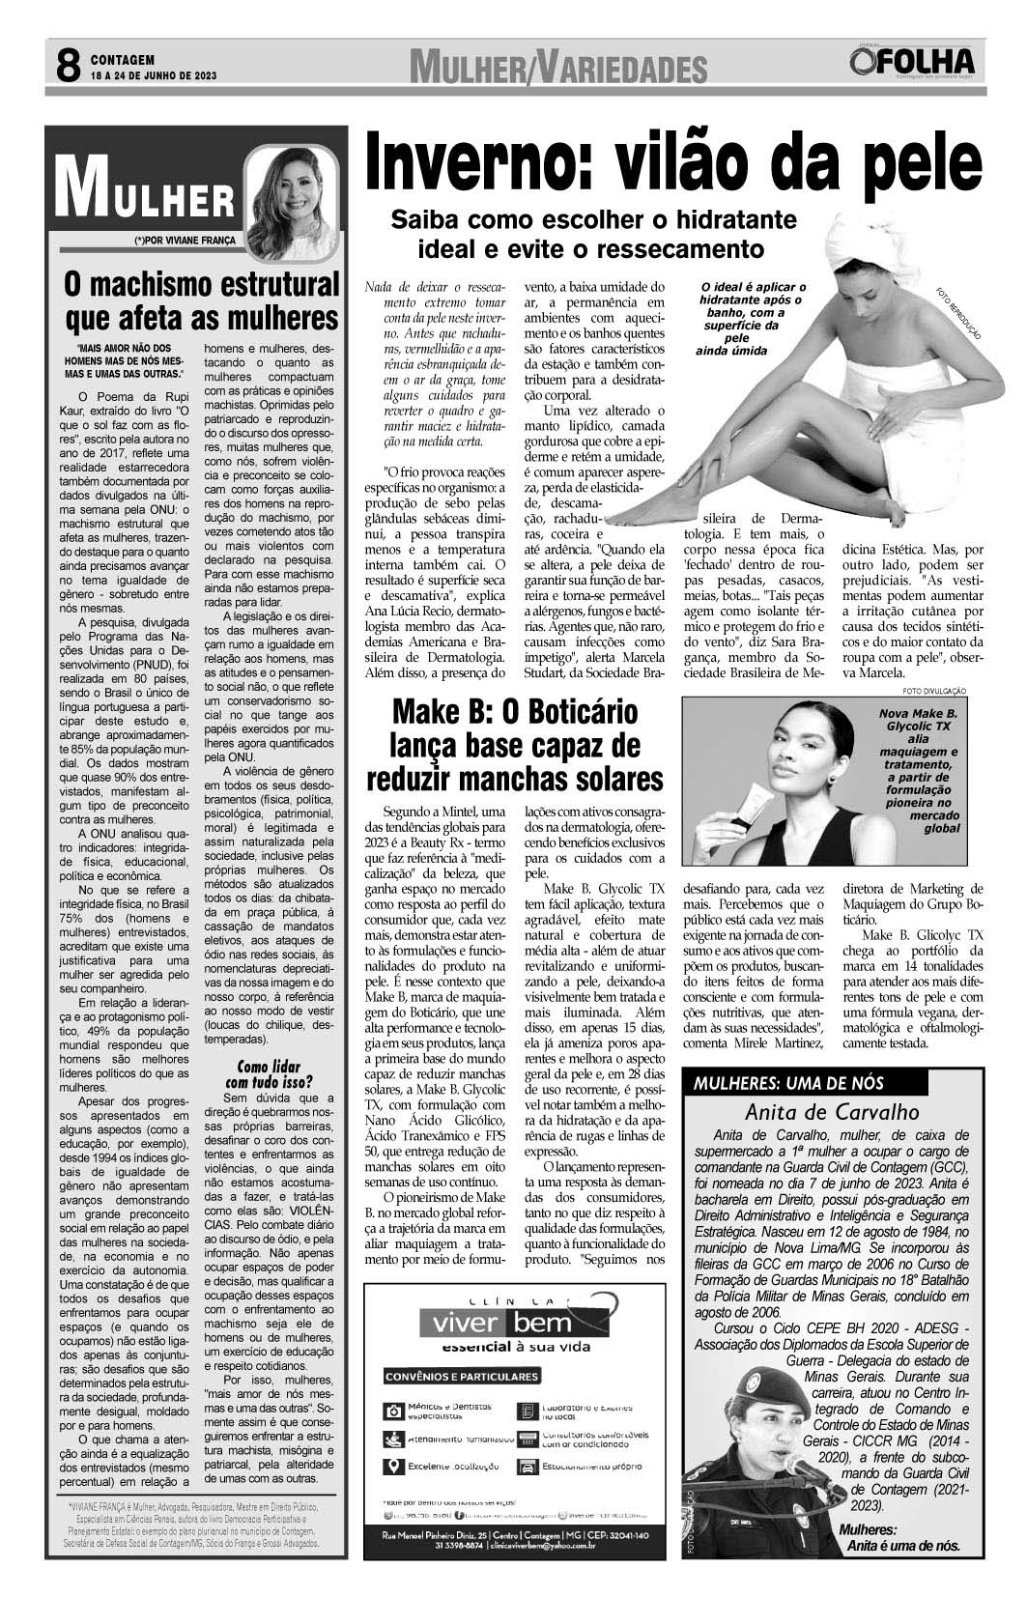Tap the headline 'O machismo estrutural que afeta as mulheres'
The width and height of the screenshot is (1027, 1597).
202,300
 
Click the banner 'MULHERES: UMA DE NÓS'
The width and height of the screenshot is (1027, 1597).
788,1083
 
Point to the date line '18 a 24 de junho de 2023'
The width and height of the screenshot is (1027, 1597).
154,75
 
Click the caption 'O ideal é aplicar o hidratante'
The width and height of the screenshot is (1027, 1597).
754,319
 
